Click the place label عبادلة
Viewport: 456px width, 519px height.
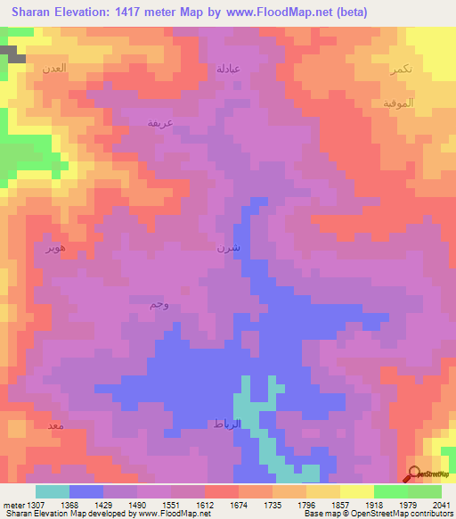tap(229, 68)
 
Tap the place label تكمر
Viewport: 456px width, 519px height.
tap(401, 70)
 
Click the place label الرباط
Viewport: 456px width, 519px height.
tap(224, 424)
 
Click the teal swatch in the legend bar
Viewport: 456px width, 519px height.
tap(52, 491)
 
